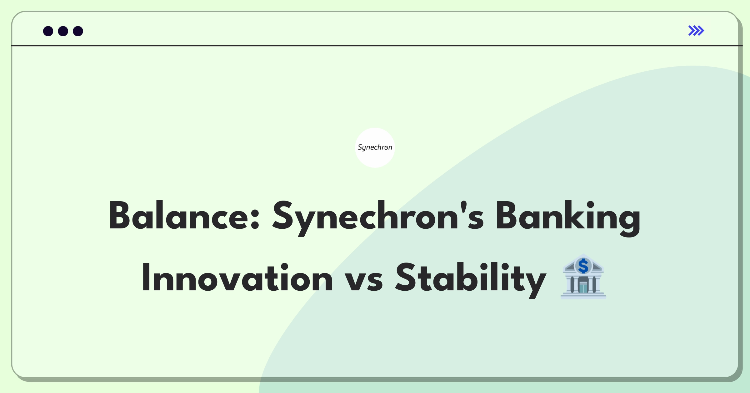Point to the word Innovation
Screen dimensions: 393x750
click(237, 278)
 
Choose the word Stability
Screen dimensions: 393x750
click(470, 278)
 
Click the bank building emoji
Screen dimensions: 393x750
click(583, 277)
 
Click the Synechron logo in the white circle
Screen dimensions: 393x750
click(375, 147)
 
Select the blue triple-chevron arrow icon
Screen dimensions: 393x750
click(696, 31)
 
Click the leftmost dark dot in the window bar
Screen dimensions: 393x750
click(48, 31)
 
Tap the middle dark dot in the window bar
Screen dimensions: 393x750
click(63, 31)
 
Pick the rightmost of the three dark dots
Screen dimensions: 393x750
click(78, 31)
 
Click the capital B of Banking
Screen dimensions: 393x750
click(507, 216)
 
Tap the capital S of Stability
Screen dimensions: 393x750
click(407, 277)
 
